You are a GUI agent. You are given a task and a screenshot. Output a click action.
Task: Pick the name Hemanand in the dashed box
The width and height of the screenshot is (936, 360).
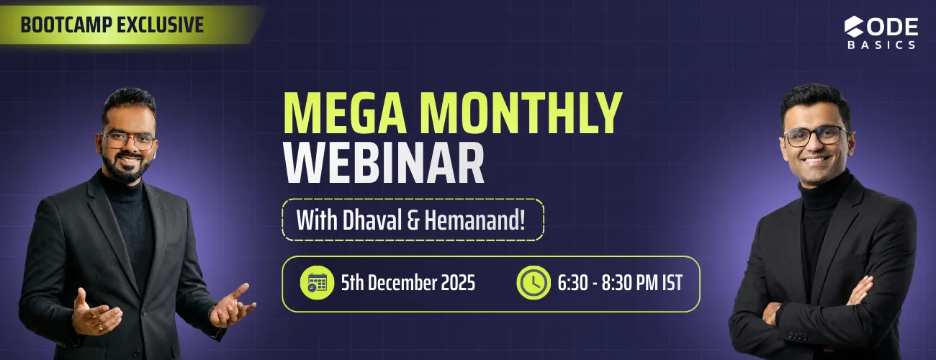pos(475,220)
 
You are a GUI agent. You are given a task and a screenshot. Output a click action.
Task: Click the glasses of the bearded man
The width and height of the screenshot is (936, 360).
pos(130,139)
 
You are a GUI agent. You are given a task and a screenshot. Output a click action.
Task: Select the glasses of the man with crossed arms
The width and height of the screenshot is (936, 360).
pos(816,135)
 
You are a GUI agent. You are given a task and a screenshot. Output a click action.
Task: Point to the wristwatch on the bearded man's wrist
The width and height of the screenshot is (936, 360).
pos(212,312)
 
